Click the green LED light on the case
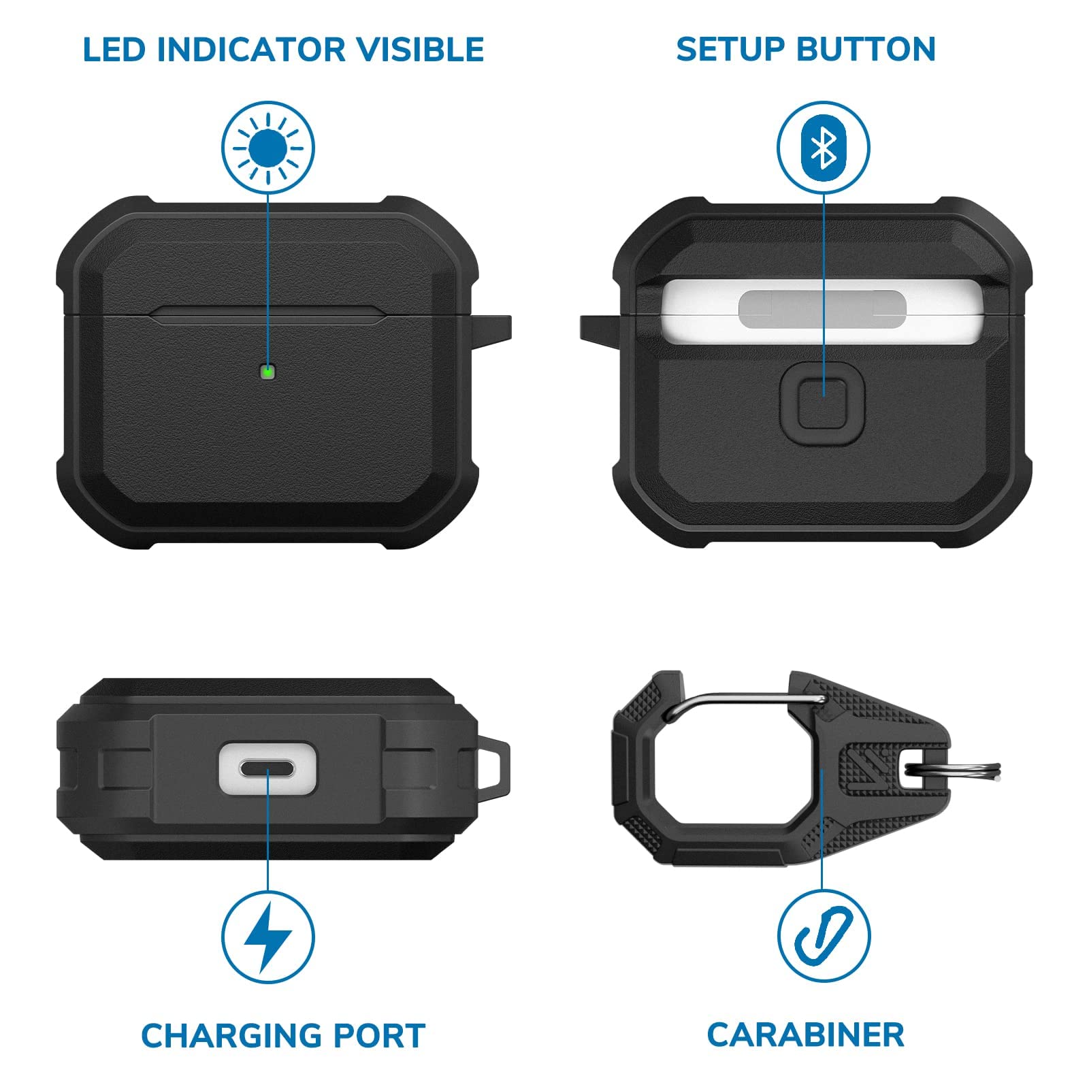(x=267, y=372)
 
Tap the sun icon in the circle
(x=267, y=148)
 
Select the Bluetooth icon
(x=824, y=148)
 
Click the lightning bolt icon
(x=268, y=937)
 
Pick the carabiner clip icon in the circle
(x=824, y=937)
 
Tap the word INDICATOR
(x=252, y=50)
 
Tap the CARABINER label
(x=806, y=1035)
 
